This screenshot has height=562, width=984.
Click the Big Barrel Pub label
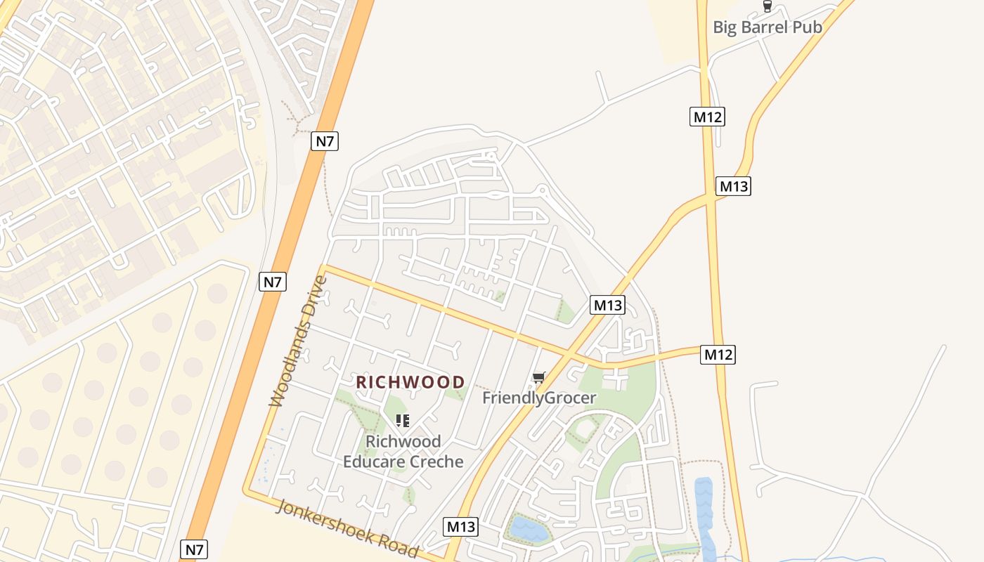click(768, 27)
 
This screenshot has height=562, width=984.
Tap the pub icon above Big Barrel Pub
click(767, 7)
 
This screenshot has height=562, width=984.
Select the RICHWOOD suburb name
click(410, 382)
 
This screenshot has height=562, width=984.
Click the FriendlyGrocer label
click(539, 398)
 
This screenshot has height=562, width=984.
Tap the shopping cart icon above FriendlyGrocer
click(539, 378)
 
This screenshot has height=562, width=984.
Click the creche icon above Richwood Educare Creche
click(403, 421)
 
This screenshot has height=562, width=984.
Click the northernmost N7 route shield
click(325, 141)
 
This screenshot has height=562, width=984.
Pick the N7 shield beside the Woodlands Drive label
click(273, 282)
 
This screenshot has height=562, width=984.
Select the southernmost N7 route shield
click(194, 549)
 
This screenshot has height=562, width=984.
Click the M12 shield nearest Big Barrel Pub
click(707, 117)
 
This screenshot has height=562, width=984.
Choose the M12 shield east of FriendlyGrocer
click(718, 355)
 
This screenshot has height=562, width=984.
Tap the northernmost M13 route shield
click(733, 186)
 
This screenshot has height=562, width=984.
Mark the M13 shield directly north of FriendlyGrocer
click(608, 305)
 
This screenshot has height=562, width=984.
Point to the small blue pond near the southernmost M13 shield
click(529, 528)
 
